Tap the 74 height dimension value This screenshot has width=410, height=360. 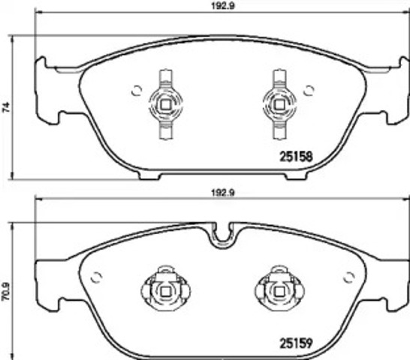point(6,107)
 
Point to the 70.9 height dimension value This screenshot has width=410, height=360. point(6,289)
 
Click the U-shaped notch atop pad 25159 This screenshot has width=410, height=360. point(220,234)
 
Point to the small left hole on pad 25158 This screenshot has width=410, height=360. point(136,91)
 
